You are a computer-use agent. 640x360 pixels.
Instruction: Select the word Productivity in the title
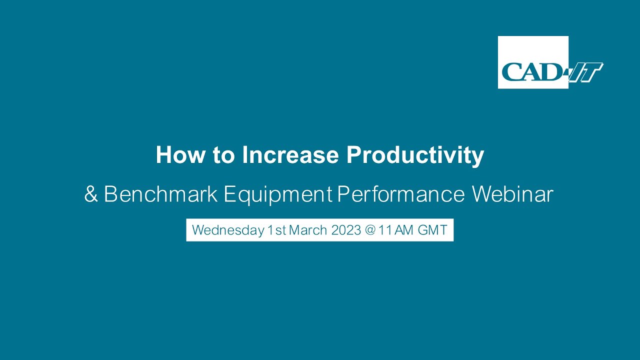click(415, 156)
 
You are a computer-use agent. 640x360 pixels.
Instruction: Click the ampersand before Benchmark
click(91, 194)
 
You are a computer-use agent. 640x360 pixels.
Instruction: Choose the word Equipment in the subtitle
click(278, 195)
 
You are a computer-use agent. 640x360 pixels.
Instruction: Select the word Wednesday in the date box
click(228, 230)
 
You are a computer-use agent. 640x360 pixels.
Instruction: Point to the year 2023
click(346, 230)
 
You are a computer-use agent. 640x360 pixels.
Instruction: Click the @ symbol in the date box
click(370, 230)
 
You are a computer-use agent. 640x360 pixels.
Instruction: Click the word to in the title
click(223, 155)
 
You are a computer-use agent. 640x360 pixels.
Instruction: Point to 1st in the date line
click(276, 230)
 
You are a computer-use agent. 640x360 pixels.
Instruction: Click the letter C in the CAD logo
click(511, 71)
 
